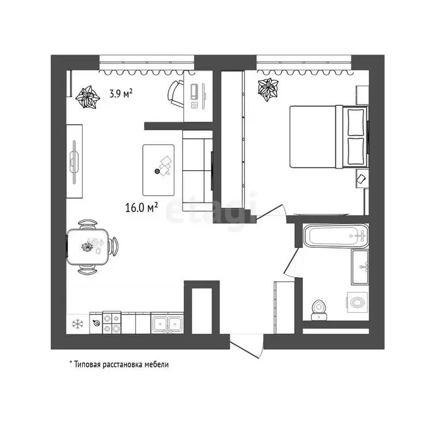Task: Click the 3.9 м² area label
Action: tap(121, 94)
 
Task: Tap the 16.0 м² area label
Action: tap(142, 208)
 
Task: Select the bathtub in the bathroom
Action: tap(336, 236)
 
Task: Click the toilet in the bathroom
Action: tap(319, 310)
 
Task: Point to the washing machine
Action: tap(357, 302)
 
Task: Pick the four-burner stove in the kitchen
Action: tap(112, 323)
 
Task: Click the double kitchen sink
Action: tap(167, 323)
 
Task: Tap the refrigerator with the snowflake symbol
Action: tap(78, 324)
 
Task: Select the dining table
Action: tap(88, 247)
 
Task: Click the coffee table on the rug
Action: tap(159, 170)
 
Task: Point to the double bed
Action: tap(329, 137)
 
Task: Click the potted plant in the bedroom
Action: tap(268, 90)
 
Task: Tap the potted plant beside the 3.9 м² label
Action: tap(88, 97)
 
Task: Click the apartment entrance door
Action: tap(246, 346)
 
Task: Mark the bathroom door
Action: tap(292, 262)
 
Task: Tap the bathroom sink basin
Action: tap(360, 267)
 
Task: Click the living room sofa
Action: tap(198, 171)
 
